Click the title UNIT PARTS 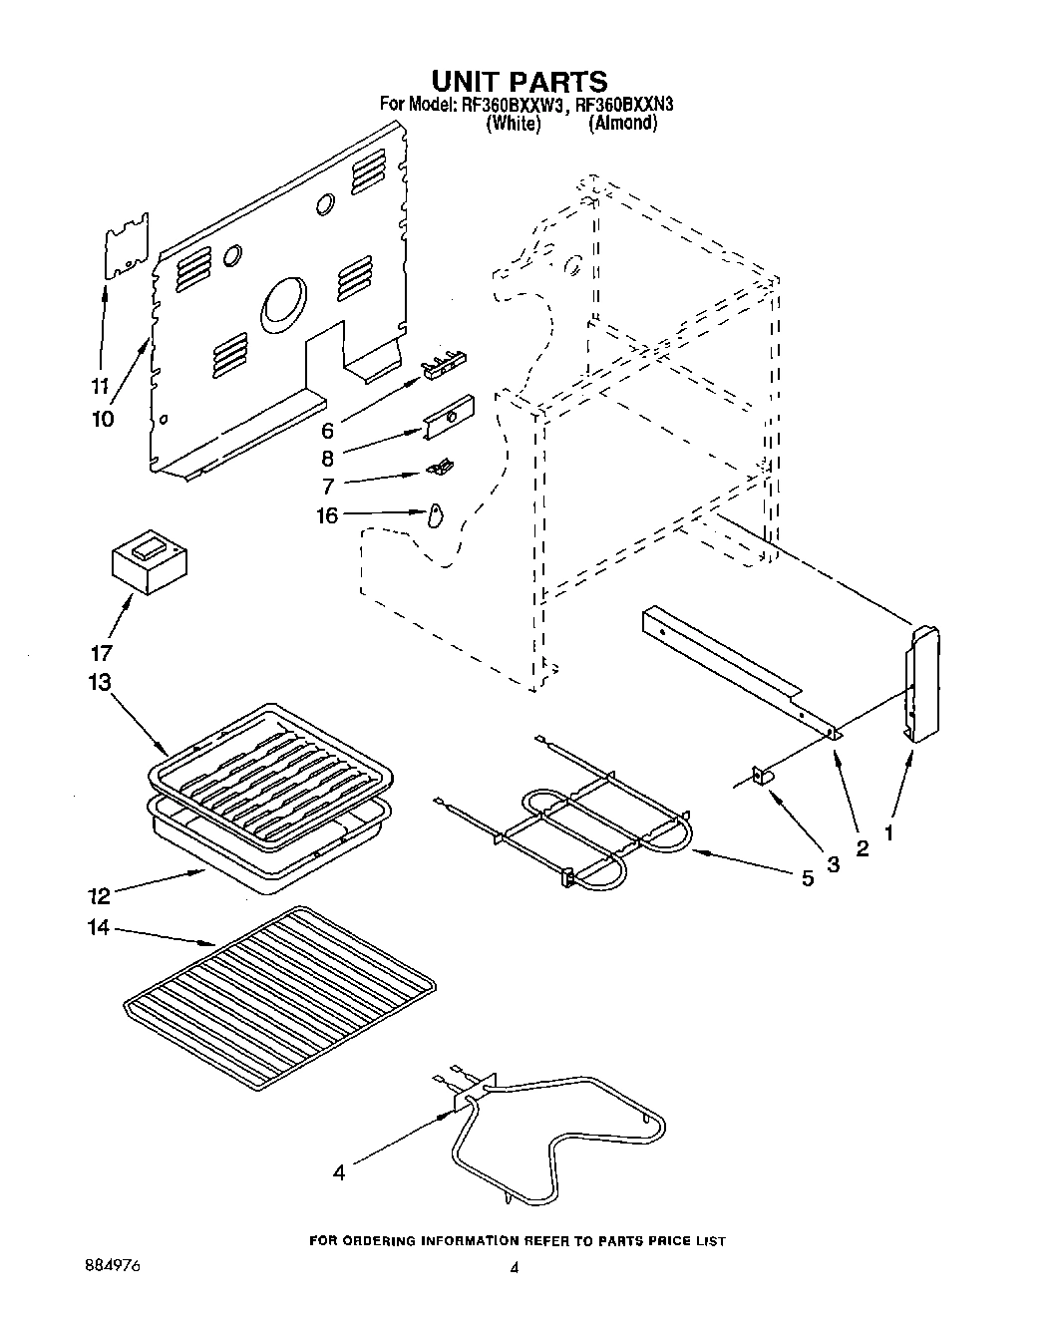coord(519,80)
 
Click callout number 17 coord(101,654)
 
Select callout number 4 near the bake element coord(339,1173)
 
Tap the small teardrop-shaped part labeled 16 coord(435,515)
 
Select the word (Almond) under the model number coord(622,124)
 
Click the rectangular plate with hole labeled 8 coord(447,416)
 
